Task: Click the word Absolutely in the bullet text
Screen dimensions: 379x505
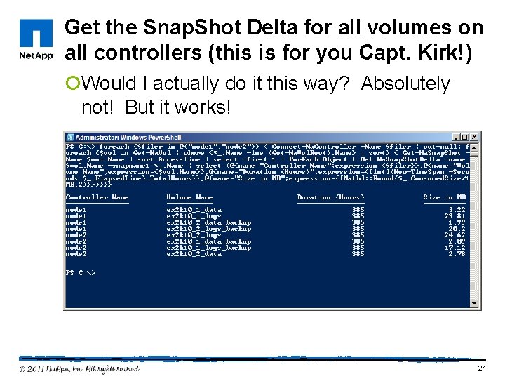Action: [405, 84]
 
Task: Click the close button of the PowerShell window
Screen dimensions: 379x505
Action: [475, 137]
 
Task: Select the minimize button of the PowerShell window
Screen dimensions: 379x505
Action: [457, 137]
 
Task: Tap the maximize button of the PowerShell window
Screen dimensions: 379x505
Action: [466, 137]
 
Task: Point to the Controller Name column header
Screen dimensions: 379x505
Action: [97, 197]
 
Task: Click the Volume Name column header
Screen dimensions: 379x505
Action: [189, 197]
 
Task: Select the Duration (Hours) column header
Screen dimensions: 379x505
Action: [330, 197]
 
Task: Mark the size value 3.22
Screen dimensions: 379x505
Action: [457, 210]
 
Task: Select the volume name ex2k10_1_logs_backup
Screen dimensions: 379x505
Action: [208, 248]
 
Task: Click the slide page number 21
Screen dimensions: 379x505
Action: [481, 368]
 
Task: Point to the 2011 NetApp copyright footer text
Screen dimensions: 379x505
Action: [79, 368]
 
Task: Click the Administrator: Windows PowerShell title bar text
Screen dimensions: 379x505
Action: [128, 137]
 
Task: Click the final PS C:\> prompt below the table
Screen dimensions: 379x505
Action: [81, 272]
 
